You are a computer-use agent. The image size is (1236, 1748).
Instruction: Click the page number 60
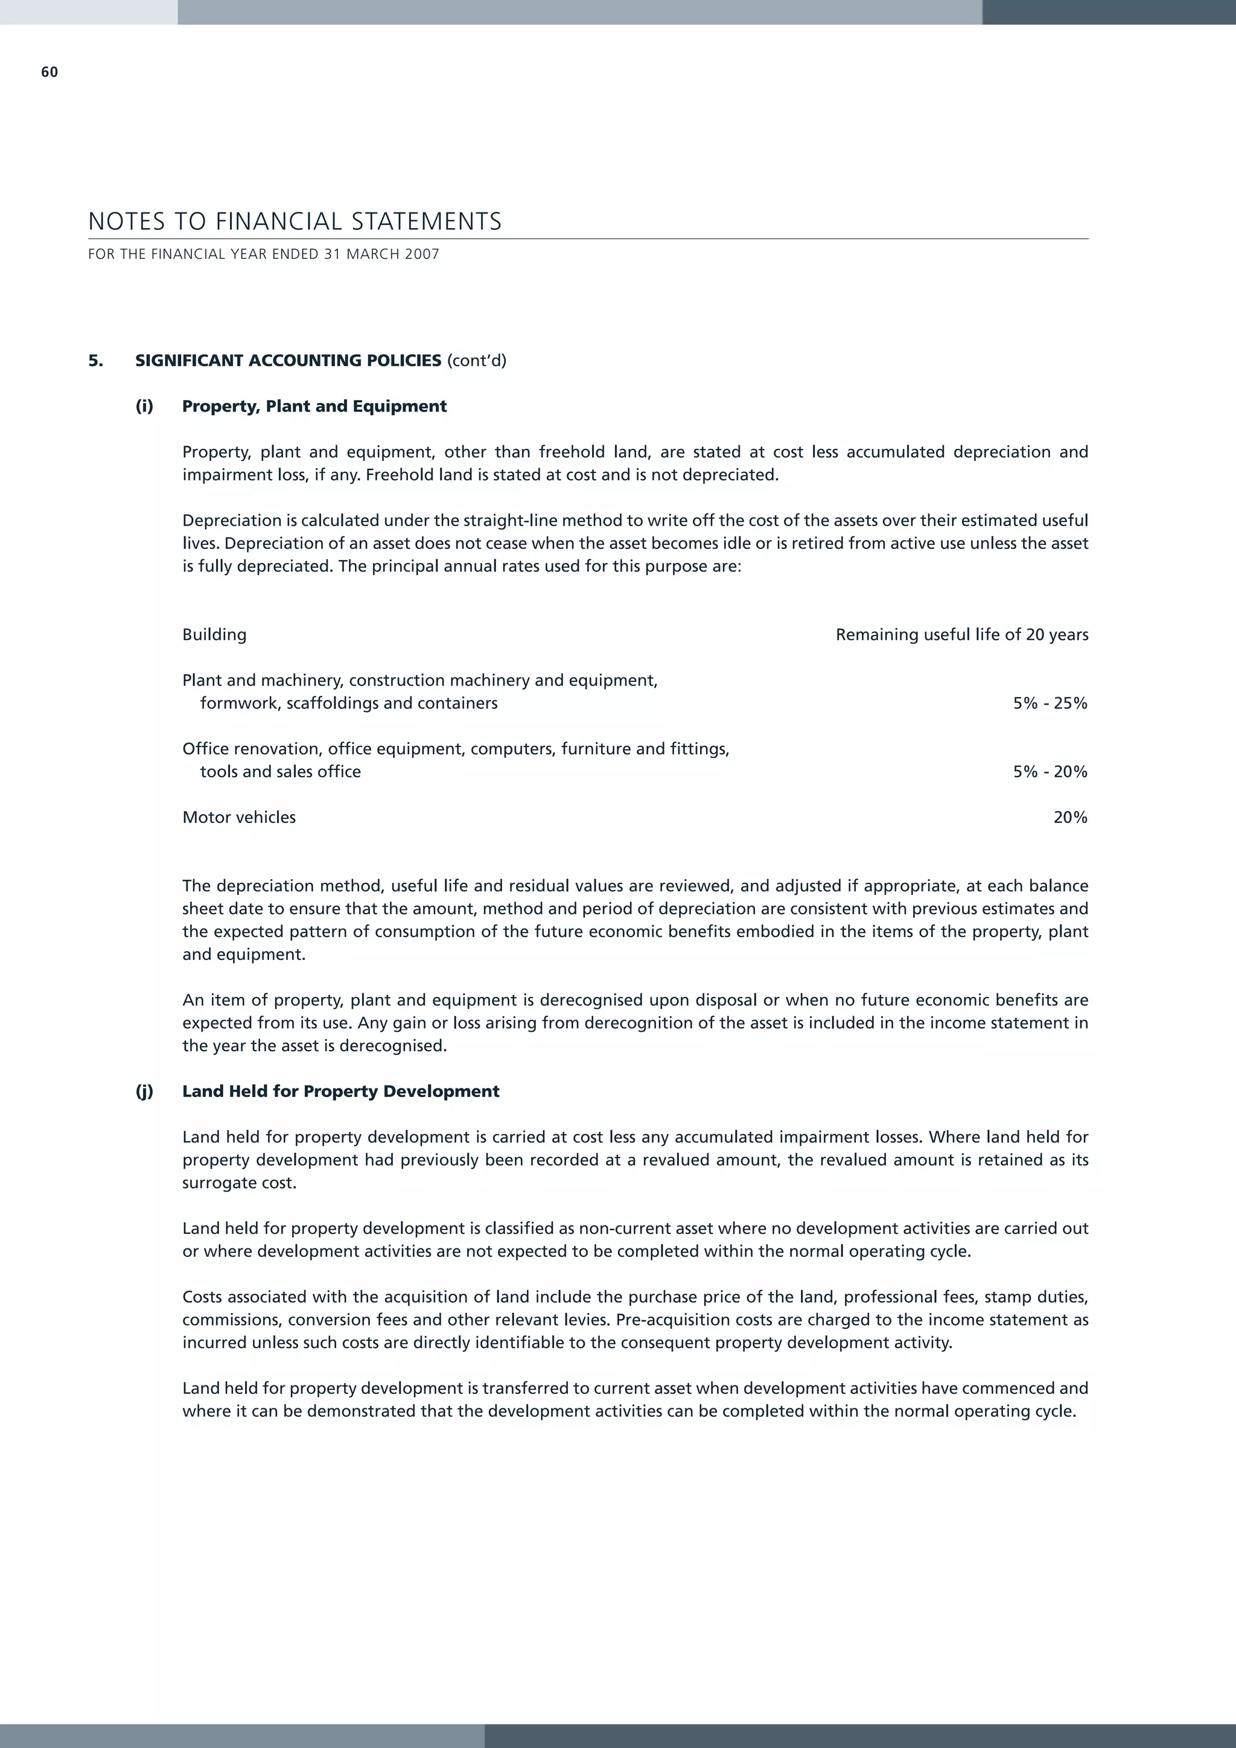[x=49, y=72]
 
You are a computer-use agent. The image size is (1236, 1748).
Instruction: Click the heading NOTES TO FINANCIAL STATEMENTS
[x=295, y=221]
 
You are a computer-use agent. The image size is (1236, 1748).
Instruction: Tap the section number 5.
[x=95, y=361]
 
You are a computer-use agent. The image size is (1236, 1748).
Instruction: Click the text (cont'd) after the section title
[x=477, y=361]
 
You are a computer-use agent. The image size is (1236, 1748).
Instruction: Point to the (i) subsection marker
[x=144, y=407]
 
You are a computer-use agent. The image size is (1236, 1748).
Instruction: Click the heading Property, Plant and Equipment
[x=314, y=407]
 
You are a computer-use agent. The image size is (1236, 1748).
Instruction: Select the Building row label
[x=214, y=635]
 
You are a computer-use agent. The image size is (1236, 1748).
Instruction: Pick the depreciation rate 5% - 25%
[x=1050, y=704]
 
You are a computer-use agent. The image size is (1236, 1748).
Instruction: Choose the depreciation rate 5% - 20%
[x=1050, y=772]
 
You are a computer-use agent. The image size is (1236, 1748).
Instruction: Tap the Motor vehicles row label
[x=238, y=818]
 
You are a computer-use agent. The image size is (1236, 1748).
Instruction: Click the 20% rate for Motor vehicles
[x=1070, y=818]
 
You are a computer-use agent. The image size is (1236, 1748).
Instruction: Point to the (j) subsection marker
[x=144, y=1092]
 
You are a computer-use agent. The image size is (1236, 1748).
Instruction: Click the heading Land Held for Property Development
[x=340, y=1092]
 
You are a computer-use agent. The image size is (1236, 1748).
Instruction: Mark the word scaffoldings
[x=332, y=704]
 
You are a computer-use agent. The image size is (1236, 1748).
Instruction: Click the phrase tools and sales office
[x=280, y=772]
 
